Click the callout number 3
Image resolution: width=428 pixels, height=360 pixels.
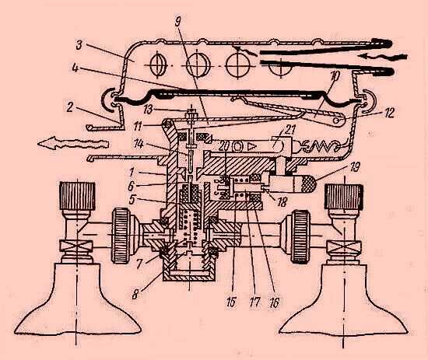point(79,45)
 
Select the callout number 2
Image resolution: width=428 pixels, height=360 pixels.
point(70,107)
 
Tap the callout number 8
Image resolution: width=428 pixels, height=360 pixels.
point(135,295)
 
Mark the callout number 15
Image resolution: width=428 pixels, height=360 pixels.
point(231,302)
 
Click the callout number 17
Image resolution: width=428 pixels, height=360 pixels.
point(254,302)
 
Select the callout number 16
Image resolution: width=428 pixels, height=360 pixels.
point(274,302)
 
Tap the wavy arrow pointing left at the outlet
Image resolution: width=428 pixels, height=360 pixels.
point(73,142)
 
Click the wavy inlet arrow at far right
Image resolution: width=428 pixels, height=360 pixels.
point(384,57)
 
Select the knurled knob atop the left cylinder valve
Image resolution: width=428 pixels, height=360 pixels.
point(78,196)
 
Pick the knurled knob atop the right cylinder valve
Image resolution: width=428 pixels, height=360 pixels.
point(344,197)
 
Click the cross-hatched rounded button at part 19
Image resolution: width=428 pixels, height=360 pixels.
point(309,183)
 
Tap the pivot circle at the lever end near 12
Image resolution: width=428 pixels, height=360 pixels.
point(339,121)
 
